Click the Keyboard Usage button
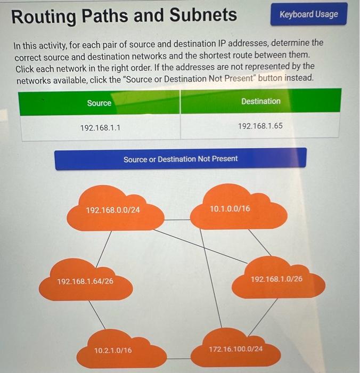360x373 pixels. (308, 14)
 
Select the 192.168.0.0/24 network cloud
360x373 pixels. (113, 210)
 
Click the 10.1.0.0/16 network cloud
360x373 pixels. (230, 208)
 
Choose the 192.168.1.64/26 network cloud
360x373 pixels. (85, 281)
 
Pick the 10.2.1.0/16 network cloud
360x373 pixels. (113, 350)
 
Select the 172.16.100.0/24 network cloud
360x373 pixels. (235, 349)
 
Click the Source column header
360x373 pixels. (99, 103)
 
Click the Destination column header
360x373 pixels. (260, 101)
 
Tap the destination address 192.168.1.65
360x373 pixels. (260, 127)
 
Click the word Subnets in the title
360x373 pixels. (205, 15)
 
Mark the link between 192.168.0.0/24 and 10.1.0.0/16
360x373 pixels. (177, 220)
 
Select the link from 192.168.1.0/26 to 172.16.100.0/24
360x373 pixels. (263, 317)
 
